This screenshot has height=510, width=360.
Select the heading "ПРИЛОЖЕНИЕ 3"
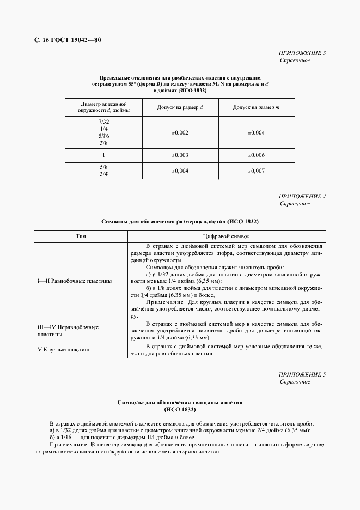click(x=302, y=53)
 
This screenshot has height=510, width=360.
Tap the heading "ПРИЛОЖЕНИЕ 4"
click(x=302, y=196)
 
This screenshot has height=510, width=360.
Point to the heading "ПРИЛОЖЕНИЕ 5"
click(x=302, y=374)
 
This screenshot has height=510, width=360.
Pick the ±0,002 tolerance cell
click(x=180, y=132)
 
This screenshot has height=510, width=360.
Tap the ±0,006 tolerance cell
click(x=256, y=155)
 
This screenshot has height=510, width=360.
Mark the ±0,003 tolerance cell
click(x=180, y=155)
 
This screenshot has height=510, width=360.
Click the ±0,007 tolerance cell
click(x=256, y=171)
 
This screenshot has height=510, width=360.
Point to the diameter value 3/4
click(x=103, y=174)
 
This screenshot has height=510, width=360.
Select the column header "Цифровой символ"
click(x=226, y=236)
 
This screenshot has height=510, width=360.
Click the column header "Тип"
click(x=81, y=236)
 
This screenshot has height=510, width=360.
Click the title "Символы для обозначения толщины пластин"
click(x=180, y=402)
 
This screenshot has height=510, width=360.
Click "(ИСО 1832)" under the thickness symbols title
click(x=180, y=409)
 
